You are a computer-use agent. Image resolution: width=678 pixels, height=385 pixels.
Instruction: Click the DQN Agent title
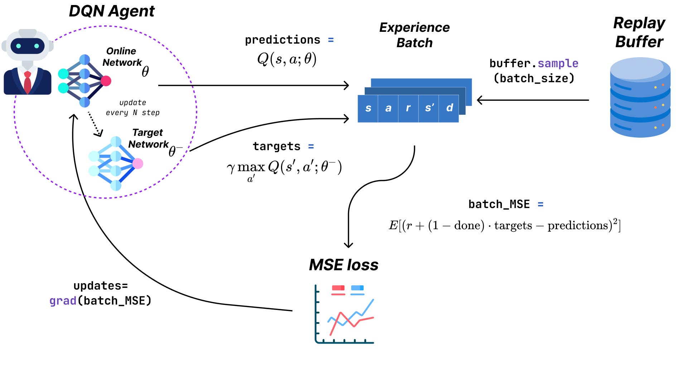click(x=112, y=11)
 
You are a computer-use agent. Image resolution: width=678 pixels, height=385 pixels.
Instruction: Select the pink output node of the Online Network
click(x=106, y=81)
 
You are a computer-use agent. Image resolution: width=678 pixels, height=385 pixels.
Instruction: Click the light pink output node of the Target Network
click(x=138, y=164)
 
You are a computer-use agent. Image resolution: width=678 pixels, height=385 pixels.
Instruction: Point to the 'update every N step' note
click(x=133, y=108)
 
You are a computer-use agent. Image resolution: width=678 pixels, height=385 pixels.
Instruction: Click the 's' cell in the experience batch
click(x=368, y=108)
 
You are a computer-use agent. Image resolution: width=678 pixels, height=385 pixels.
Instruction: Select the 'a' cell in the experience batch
click(x=388, y=108)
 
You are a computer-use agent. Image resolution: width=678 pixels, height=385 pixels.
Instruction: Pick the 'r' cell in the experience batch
click(x=408, y=108)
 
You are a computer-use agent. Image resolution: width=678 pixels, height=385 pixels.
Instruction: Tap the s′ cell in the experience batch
click(x=429, y=108)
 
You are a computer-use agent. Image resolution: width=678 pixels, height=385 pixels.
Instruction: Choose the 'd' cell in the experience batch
click(x=449, y=108)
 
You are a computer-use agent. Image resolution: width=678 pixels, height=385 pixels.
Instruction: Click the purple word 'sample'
click(x=558, y=63)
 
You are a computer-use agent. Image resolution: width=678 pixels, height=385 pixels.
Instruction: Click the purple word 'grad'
click(x=63, y=301)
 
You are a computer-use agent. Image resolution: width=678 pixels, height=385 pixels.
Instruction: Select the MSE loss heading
click(x=344, y=265)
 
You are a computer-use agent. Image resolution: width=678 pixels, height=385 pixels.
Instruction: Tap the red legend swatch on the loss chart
click(x=338, y=288)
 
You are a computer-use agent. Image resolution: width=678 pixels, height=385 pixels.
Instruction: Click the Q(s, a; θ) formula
click(x=287, y=59)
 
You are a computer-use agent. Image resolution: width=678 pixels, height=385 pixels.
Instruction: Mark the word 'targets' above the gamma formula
click(x=276, y=146)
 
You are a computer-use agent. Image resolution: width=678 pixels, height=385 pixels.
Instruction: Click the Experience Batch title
click(x=415, y=35)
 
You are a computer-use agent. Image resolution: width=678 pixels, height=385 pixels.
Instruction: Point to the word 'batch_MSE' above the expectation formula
click(x=499, y=204)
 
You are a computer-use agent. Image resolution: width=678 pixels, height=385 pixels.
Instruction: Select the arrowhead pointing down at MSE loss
click(x=348, y=245)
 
